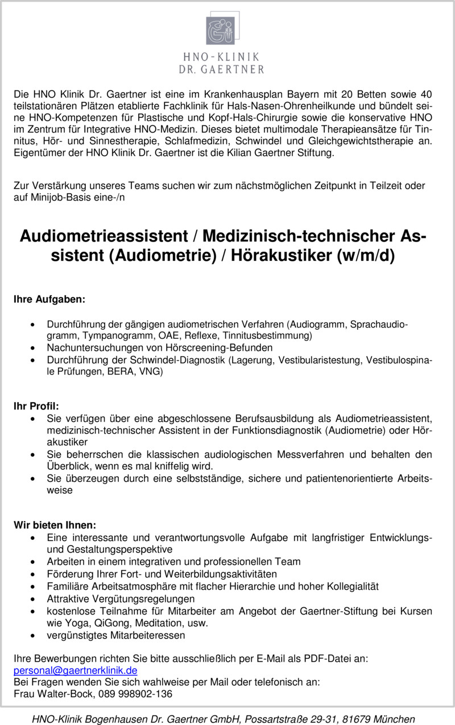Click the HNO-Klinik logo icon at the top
coord(221,31)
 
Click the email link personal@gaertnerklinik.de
coord(75,670)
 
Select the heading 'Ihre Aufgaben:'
coord(49,298)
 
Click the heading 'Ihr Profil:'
coord(36,406)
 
